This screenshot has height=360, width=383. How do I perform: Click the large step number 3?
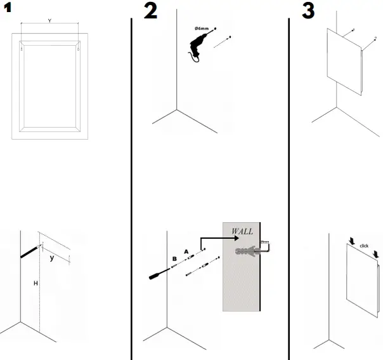(308, 11)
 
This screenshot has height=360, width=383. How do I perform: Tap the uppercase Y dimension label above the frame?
(49, 20)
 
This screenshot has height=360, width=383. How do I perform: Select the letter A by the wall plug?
(186, 251)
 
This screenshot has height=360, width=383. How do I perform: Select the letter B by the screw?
(174, 259)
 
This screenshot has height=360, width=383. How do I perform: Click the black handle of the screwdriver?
(157, 276)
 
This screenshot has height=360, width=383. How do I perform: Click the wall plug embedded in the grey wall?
(247, 253)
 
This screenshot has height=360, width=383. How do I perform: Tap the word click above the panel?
(363, 245)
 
